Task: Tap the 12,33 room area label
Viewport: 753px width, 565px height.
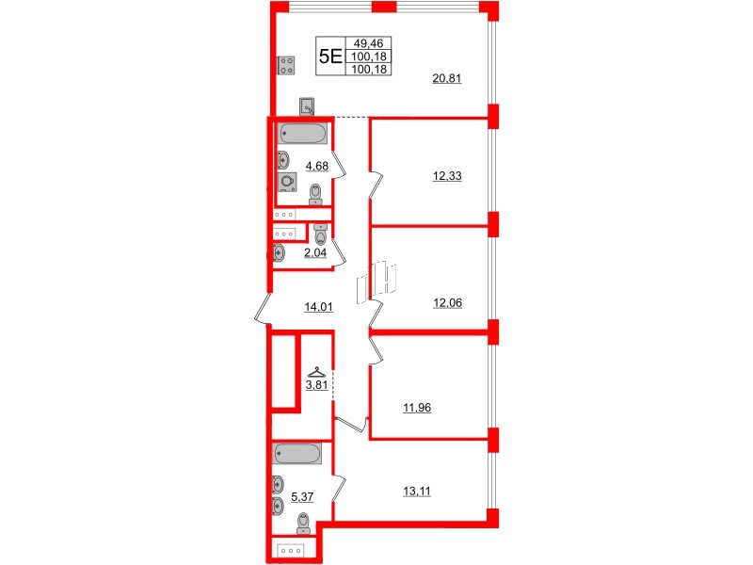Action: click(448, 175)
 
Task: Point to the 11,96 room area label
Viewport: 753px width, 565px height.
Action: click(417, 408)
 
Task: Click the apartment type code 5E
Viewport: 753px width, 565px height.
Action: click(330, 56)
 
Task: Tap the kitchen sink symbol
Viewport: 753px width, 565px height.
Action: click(308, 106)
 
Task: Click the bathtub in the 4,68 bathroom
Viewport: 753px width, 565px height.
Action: click(302, 134)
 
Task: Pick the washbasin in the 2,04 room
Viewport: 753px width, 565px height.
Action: click(279, 252)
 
